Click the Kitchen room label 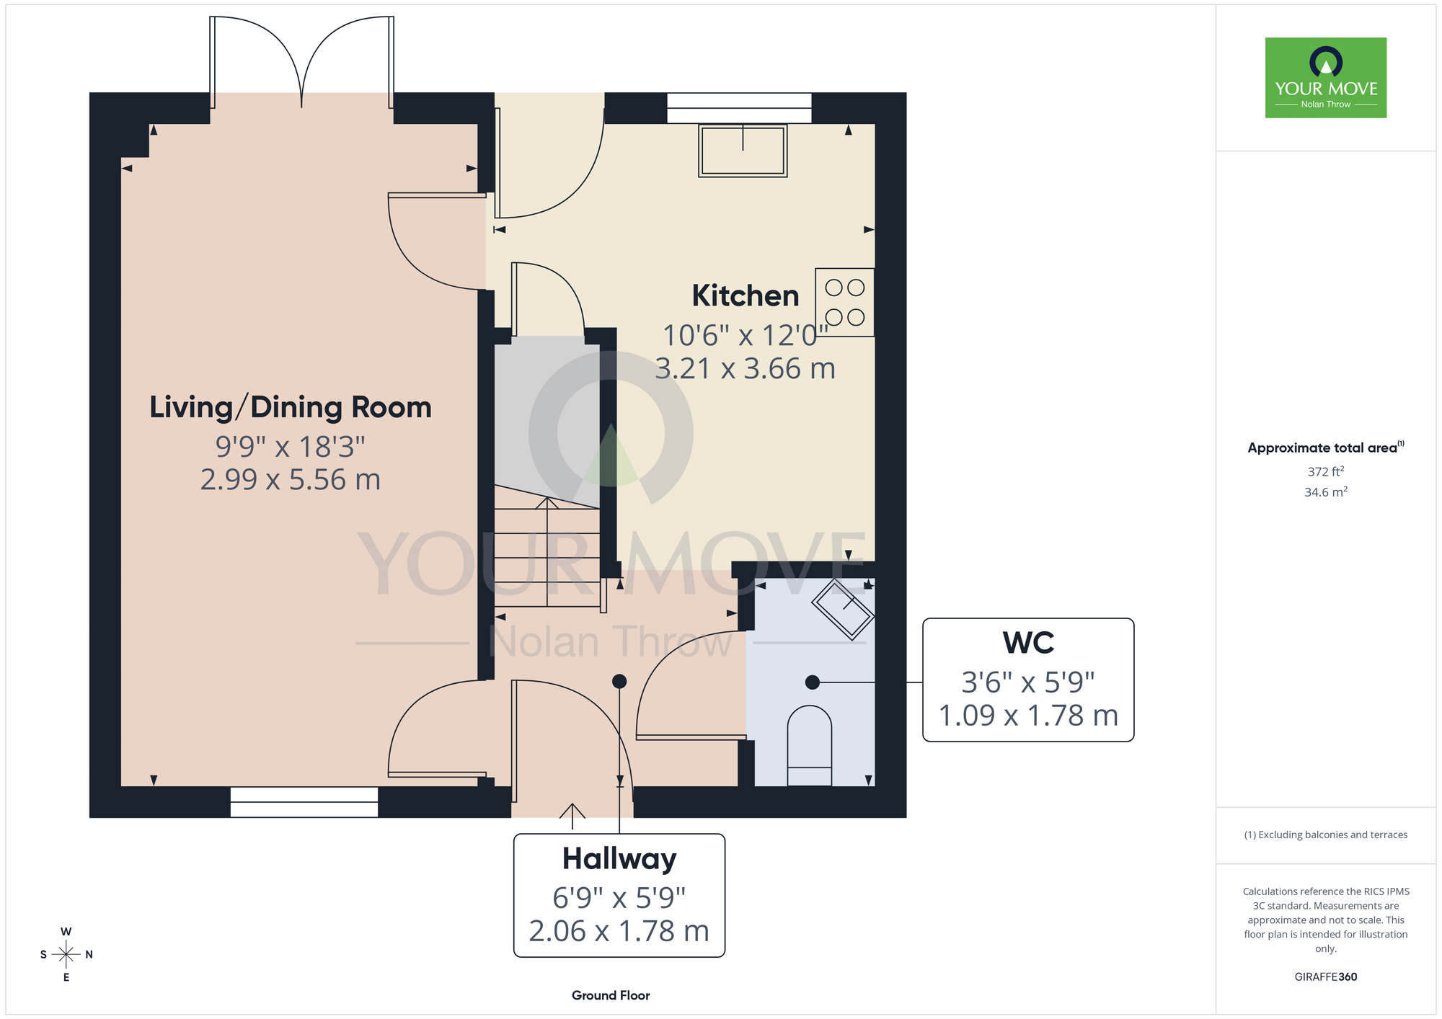click(x=746, y=296)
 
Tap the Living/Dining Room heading click(x=291, y=408)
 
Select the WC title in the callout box click(x=1028, y=643)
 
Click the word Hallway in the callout click(x=619, y=859)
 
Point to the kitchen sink click(x=743, y=151)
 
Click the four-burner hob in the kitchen click(x=845, y=303)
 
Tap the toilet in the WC click(x=810, y=746)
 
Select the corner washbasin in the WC click(x=843, y=609)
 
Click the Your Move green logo click(x=1326, y=78)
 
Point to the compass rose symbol click(x=66, y=955)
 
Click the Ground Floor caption click(x=611, y=995)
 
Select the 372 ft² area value click(x=1326, y=471)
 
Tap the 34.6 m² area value click(x=1326, y=492)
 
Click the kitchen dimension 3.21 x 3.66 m click(x=746, y=369)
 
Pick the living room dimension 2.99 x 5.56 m click(x=291, y=480)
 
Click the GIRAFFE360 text click(x=1326, y=977)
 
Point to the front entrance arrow click(x=572, y=816)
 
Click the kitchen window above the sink click(x=739, y=108)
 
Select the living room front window click(x=304, y=802)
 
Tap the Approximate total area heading click(x=1326, y=448)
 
